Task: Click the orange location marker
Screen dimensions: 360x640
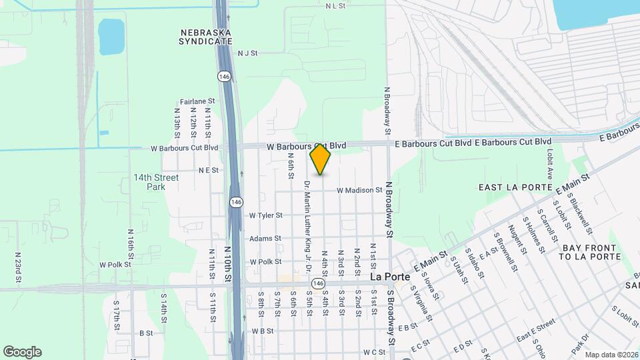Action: [x=321, y=159]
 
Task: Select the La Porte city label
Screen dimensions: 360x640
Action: [x=385, y=276]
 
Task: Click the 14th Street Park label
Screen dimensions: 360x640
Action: [x=156, y=182]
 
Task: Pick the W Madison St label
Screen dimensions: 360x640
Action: [x=359, y=190]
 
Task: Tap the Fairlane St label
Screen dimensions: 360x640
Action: [x=195, y=101]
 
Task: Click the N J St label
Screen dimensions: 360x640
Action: [x=247, y=53]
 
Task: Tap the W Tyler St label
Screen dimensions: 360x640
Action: [x=266, y=215]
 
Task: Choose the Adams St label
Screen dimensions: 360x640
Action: [x=265, y=239]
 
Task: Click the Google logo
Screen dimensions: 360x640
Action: [x=22, y=352]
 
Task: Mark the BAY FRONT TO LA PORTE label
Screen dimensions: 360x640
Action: [x=590, y=252]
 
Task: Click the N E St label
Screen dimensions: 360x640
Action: [x=209, y=170]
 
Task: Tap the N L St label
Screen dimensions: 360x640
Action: [x=335, y=5]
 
